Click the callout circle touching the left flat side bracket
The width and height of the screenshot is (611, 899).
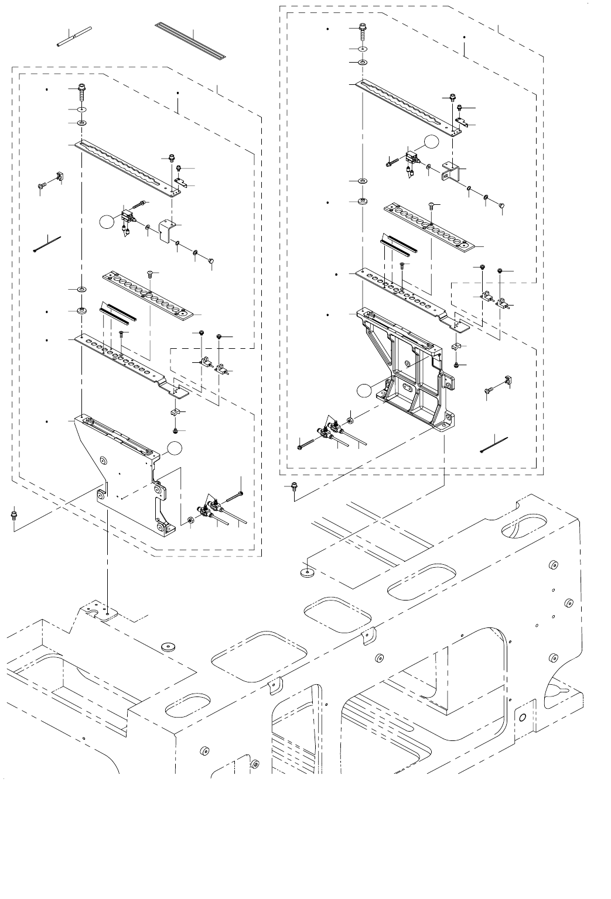pyautogui.click(x=174, y=449)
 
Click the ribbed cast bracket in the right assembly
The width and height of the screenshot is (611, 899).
pyautogui.click(x=407, y=375)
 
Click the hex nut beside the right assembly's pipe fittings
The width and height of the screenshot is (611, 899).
pyautogui.click(x=350, y=421)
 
